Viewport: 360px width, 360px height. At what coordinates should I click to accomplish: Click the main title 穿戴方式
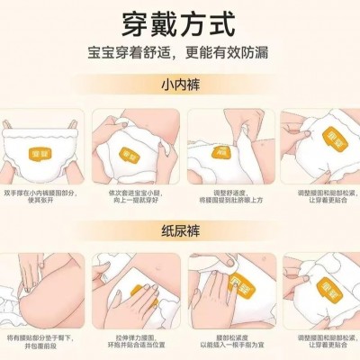(x=179, y=21)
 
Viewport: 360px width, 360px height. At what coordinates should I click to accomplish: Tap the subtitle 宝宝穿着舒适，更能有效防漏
(x=179, y=53)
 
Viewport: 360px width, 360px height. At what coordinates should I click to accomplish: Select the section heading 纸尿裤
(x=179, y=229)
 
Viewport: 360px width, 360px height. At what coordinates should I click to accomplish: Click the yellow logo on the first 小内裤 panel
(x=41, y=143)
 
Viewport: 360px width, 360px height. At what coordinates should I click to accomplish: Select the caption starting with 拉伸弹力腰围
(x=135, y=343)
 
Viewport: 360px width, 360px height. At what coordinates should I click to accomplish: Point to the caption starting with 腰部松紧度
(x=225, y=343)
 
